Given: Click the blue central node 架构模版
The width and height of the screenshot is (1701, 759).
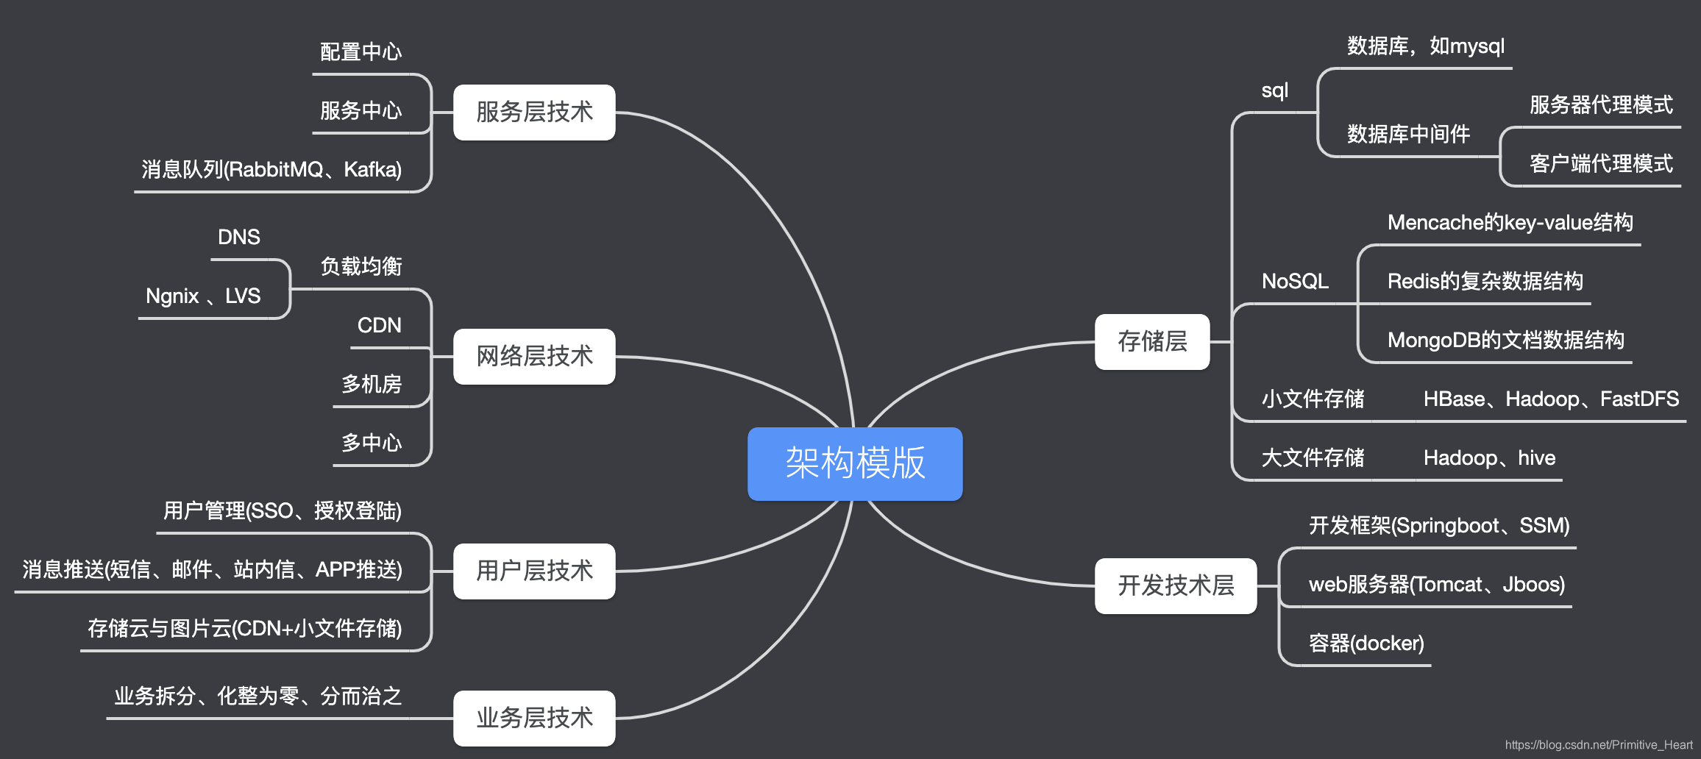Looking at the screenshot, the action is pyautogui.click(x=855, y=463).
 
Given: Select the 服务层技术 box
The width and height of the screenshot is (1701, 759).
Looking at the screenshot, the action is pyautogui.click(x=534, y=112).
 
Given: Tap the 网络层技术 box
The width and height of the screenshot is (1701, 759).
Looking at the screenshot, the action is pyautogui.click(x=534, y=356).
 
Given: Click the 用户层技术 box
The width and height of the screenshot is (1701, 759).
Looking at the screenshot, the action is pyautogui.click(x=534, y=571).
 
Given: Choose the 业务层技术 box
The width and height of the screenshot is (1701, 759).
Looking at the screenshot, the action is pyautogui.click(x=534, y=718).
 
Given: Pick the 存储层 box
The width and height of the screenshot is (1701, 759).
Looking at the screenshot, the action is pyautogui.click(x=1152, y=341).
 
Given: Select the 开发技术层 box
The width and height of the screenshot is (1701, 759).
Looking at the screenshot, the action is pyautogui.click(x=1176, y=585).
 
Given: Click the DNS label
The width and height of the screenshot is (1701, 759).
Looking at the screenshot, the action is pyautogui.click(x=239, y=237).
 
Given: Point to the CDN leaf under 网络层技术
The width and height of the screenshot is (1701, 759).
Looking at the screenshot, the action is pyautogui.click(x=379, y=325).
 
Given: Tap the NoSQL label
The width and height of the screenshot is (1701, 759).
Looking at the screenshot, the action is pyautogui.click(x=1295, y=281).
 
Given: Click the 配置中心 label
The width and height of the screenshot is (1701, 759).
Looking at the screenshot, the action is pyautogui.click(x=361, y=51).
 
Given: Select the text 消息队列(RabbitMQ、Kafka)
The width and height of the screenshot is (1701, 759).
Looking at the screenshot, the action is pyautogui.click(x=271, y=169).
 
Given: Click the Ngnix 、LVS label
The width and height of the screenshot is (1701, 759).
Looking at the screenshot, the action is pyautogui.click(x=203, y=296).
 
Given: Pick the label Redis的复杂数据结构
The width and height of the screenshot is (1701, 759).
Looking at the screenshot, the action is pyautogui.click(x=1485, y=281).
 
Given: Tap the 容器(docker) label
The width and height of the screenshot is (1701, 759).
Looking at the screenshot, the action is pyautogui.click(x=1366, y=643).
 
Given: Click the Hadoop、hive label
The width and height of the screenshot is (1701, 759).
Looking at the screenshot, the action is pyautogui.click(x=1489, y=457).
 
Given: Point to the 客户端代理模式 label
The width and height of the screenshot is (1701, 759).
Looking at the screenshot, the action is pyautogui.click(x=1601, y=163).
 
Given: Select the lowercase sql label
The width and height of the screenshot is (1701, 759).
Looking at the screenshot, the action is pyautogui.click(x=1274, y=90).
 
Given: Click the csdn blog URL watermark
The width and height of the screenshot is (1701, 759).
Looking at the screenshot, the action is pyautogui.click(x=1599, y=744).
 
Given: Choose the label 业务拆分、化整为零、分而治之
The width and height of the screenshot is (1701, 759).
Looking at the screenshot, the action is pyautogui.click(x=258, y=696).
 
